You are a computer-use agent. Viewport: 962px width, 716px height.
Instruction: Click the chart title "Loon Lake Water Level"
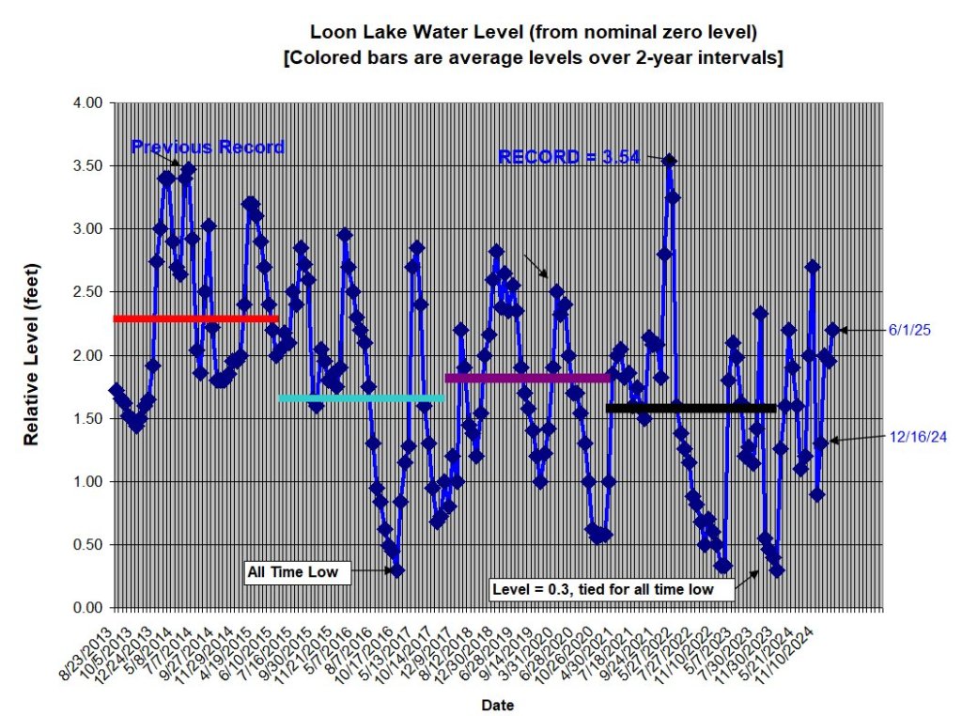coord(534,33)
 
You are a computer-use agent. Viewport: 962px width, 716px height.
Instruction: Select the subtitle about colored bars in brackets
coord(534,57)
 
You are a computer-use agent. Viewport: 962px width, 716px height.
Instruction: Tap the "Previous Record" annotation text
coord(208,148)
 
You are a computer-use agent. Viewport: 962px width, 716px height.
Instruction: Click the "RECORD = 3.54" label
coord(569,157)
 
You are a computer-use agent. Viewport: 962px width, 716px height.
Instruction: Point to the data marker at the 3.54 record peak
coord(669,161)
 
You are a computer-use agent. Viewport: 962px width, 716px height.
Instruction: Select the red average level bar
coord(195,319)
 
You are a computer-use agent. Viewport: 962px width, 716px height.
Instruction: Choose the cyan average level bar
coord(361,398)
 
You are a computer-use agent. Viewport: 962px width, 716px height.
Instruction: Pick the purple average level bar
coord(527,378)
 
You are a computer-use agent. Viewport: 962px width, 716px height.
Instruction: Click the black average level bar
coord(691,408)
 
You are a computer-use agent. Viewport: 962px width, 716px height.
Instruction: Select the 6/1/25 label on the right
coord(908,330)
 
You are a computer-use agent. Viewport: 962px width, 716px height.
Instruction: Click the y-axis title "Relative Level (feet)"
coord(31,354)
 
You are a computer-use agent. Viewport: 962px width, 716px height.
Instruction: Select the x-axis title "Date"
coord(496,704)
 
